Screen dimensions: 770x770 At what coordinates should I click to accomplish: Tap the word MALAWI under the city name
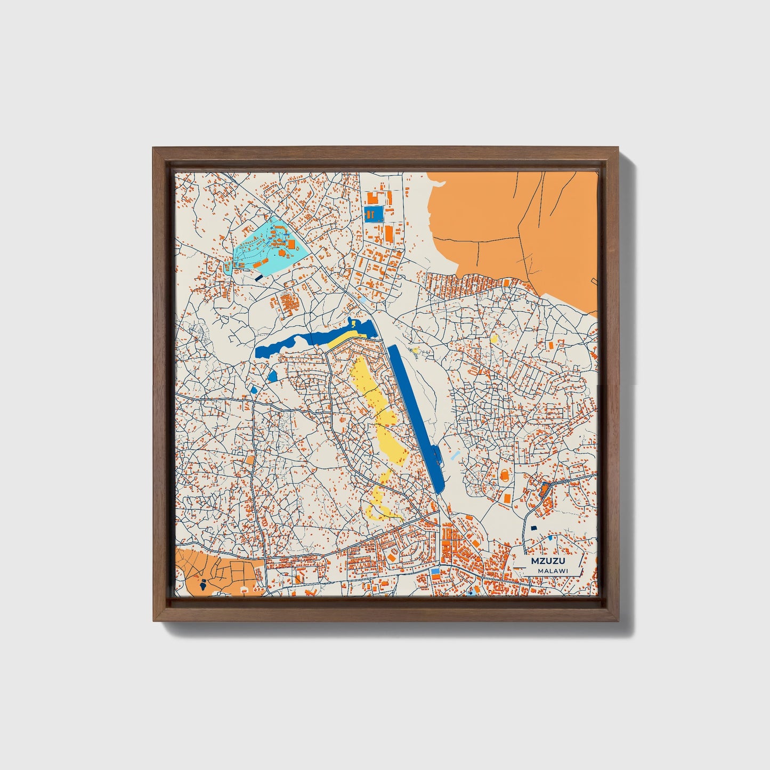pos(553,571)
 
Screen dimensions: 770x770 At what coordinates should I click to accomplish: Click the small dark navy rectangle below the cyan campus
pos(259,277)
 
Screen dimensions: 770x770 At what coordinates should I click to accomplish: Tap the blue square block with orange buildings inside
pos(374,214)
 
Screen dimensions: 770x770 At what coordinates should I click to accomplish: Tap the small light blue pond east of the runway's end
pos(455,456)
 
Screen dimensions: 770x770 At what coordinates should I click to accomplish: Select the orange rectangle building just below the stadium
pos(507,498)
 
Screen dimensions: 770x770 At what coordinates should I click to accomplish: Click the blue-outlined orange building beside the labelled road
pos(545,490)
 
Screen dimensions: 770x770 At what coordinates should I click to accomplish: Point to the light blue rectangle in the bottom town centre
pos(435,571)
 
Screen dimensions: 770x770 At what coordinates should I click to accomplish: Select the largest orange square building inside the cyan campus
pos(291,244)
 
